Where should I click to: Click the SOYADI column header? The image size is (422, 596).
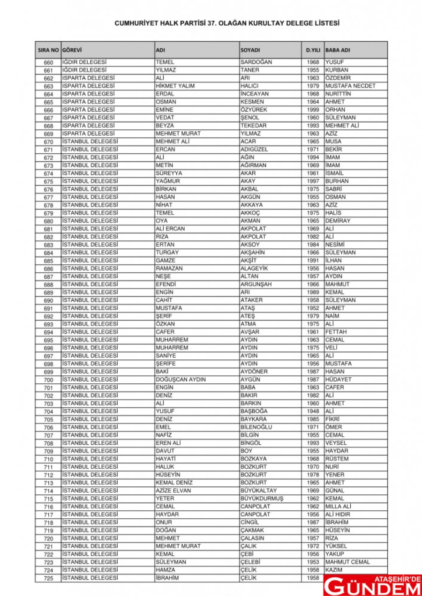(250, 50)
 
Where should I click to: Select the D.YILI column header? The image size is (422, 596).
(313, 50)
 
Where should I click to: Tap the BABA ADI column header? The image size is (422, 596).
(338, 50)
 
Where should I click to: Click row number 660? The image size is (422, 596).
(48, 62)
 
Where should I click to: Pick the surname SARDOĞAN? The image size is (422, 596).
(256, 62)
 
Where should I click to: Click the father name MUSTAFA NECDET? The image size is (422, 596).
(350, 86)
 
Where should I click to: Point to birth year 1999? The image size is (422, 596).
(313, 110)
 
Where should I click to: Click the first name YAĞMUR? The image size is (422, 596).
(168, 181)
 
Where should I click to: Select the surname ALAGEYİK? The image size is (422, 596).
(255, 268)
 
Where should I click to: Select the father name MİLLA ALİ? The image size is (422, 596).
(338, 507)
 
